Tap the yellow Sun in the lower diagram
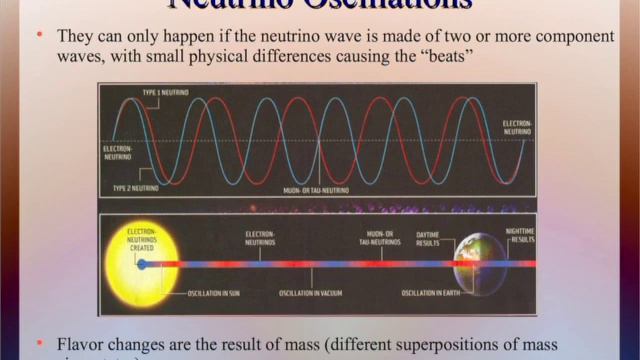(147, 264)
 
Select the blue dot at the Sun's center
(142, 265)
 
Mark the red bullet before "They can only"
(38, 34)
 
